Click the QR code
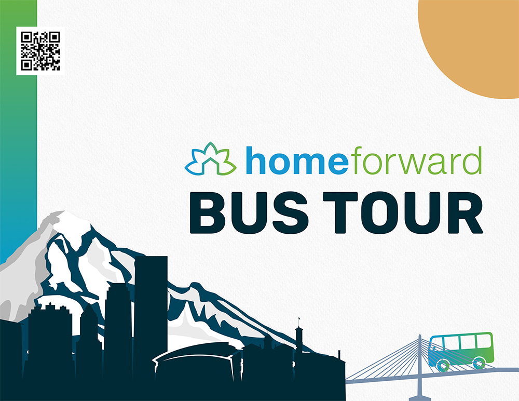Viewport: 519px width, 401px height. pos(40,51)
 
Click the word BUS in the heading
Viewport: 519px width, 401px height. pos(249,212)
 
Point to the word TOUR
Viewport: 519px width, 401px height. pos(403,212)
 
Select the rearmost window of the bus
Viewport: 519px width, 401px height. pos(483,341)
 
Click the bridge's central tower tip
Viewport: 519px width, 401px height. pos(420,335)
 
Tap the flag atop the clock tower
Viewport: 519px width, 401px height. pos(299,319)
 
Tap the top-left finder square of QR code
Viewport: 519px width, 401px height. pos(26,37)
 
